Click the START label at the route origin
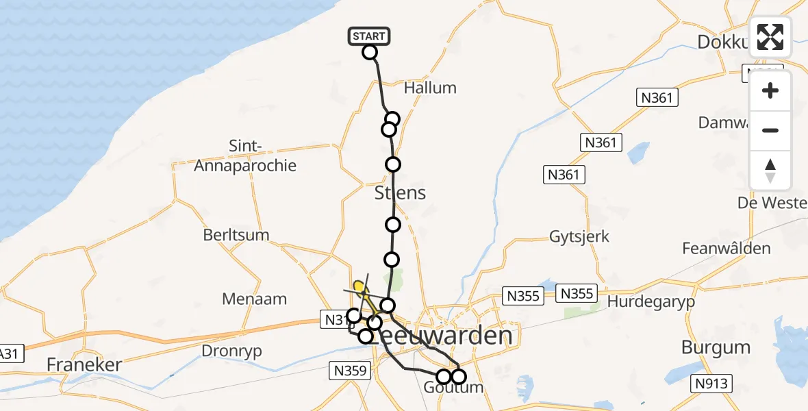click(x=370, y=36)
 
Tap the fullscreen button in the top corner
click(x=770, y=37)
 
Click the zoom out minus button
click(x=770, y=130)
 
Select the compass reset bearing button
click(x=770, y=171)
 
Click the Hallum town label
click(x=430, y=88)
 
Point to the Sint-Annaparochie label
click(x=246, y=156)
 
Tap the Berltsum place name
click(x=236, y=235)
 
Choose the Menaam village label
click(x=254, y=299)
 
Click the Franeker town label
click(x=84, y=364)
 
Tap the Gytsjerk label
click(x=579, y=237)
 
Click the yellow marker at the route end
click(x=358, y=286)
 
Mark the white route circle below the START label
click(x=370, y=52)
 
